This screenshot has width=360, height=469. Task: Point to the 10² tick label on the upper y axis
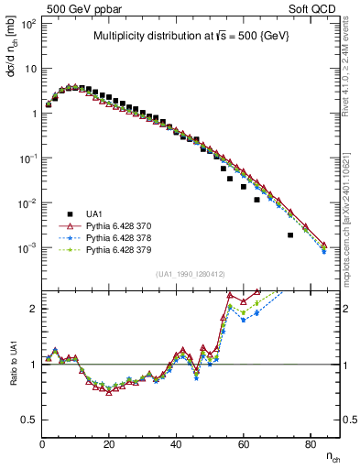(x=27, y=24)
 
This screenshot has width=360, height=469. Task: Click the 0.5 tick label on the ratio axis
(x=27, y=420)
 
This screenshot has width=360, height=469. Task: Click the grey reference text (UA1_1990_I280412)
(x=191, y=274)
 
